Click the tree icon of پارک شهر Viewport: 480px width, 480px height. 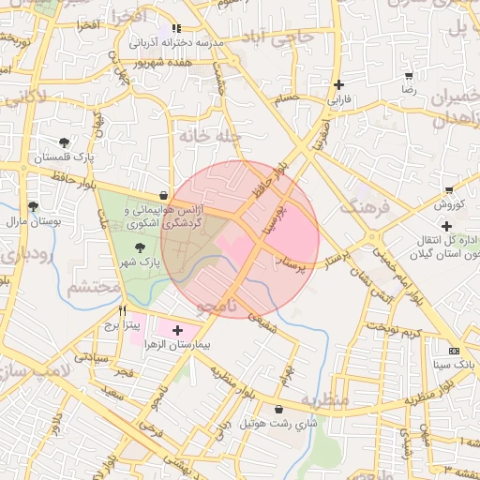[x=140, y=247]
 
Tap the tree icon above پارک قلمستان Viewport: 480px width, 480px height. [x=64, y=142]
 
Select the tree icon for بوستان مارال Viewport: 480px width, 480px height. [x=34, y=206]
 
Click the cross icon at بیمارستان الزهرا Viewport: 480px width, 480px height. [x=177, y=330]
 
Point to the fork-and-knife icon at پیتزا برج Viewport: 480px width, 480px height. [x=122, y=309]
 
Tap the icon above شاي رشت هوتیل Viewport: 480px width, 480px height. [x=279, y=409]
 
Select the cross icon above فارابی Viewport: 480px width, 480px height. [x=338, y=84]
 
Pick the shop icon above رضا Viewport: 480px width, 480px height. [x=409, y=75]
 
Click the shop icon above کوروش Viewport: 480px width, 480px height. [x=449, y=188]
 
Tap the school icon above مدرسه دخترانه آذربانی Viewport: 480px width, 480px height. [x=176, y=28]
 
